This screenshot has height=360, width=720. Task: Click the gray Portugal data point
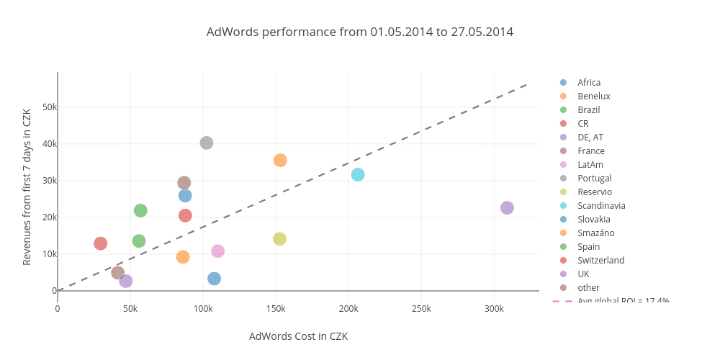207,143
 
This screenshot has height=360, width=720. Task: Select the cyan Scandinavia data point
358,174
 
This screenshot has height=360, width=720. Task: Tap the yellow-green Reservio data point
279,239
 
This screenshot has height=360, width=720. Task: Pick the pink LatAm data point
217,251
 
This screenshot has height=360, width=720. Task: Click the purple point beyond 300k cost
507,208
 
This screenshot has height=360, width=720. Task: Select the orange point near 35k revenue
280,160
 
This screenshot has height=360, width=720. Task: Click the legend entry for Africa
588,83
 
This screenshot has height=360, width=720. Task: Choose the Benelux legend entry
593,96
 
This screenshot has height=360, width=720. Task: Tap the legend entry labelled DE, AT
590,138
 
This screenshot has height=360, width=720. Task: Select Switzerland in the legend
600,261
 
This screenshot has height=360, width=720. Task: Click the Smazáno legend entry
595,233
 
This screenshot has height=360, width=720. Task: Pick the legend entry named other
588,288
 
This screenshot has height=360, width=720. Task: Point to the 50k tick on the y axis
50,107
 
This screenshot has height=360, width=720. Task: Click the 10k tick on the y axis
50,254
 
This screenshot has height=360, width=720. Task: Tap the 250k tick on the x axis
421,309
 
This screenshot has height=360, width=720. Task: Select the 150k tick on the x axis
276,309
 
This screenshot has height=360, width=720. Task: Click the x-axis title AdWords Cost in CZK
298,336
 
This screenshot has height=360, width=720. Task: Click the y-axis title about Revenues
27,187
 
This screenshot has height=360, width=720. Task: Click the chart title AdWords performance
359,32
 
